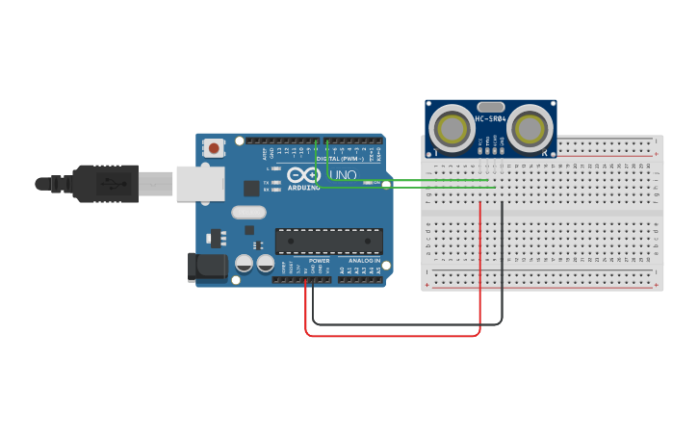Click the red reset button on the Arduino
pyautogui.click(x=213, y=147)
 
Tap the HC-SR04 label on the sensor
pyautogui.click(x=490, y=118)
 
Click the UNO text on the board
pyautogui.click(x=344, y=175)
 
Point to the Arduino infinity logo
pyautogui.click(x=302, y=175)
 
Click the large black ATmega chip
pyautogui.click(x=328, y=241)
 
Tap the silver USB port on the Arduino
pyautogui.click(x=199, y=183)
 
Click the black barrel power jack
pyautogui.click(x=206, y=268)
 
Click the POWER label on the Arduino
pyautogui.click(x=320, y=261)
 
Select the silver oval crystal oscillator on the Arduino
pyautogui.click(x=247, y=213)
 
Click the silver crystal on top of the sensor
pyautogui.click(x=490, y=108)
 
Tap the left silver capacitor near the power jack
pyautogui.click(x=245, y=262)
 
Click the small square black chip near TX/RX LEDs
pyautogui.click(x=251, y=188)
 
